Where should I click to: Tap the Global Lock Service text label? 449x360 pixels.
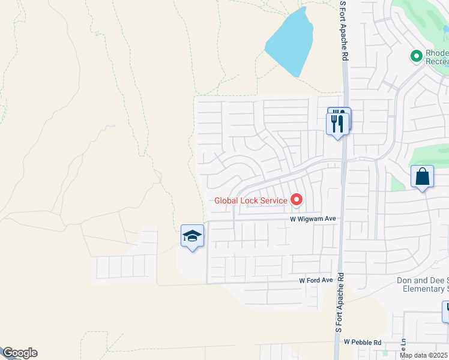[251, 200]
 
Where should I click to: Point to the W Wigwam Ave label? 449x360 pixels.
[312, 220]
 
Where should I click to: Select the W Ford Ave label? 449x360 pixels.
[316, 280]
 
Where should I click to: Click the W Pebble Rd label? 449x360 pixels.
[363, 342]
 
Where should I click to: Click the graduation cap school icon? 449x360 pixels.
[192, 236]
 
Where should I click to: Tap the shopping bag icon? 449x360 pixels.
[422, 177]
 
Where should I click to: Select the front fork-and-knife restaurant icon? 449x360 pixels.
[337, 124]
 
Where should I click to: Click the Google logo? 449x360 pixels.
[19, 353]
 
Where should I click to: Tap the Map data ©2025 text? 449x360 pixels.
[424, 355]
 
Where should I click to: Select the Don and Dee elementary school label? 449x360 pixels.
[423, 284]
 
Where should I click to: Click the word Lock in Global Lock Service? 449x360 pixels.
[251, 200]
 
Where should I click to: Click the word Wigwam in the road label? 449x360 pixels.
[310, 220]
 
